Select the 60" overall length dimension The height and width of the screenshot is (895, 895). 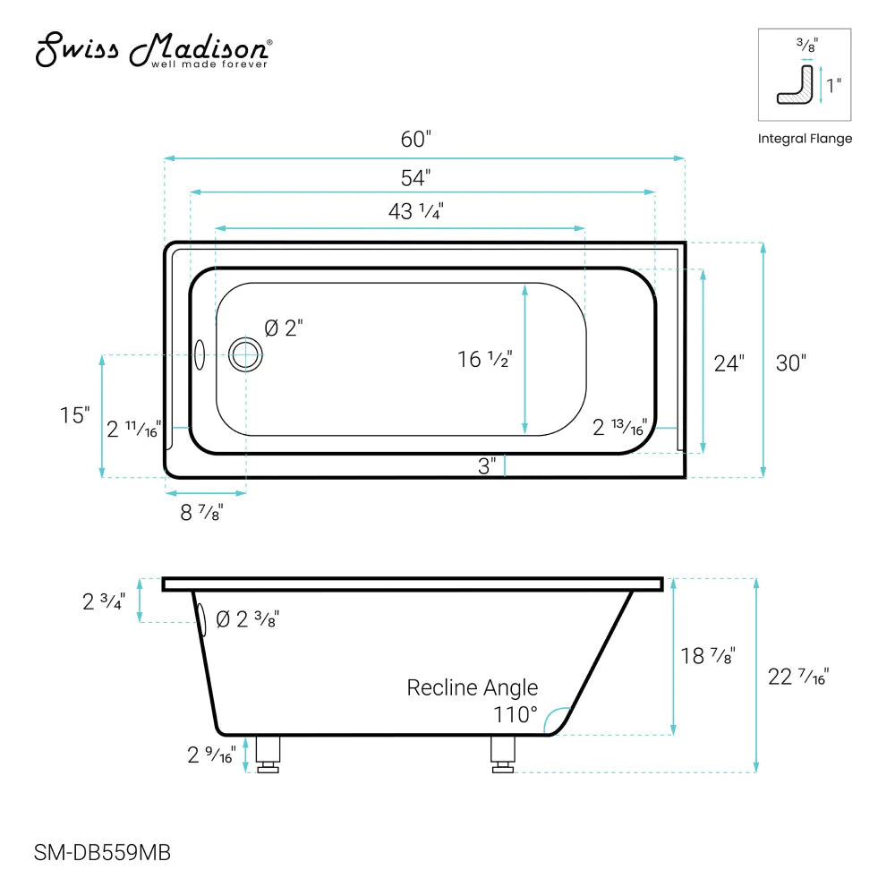pos(416,140)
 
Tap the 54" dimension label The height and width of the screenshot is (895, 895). pos(416,177)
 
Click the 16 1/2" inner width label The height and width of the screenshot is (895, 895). pos(484,360)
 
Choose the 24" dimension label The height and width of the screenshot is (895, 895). pos(729,363)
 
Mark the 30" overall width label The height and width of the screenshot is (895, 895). pos(791,363)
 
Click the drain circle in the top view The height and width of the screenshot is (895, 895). pos(244,355)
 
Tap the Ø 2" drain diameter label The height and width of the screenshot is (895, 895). pos(285,328)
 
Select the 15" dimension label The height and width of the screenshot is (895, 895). pos(75,415)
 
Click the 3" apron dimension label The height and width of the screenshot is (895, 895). pos(487,466)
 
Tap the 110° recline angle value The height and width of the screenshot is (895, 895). pos(516,715)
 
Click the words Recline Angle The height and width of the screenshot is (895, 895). pos(473,687)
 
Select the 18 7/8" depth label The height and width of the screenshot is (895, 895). pos(707,655)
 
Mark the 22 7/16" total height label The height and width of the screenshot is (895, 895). pos(799,678)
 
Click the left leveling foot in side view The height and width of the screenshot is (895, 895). pos(268,754)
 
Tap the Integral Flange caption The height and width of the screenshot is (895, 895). pos(805,139)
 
